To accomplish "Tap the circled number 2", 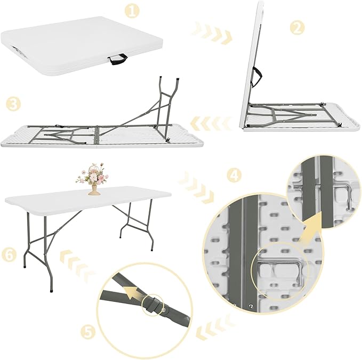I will click(297, 27).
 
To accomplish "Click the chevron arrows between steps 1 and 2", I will click(213, 33).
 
